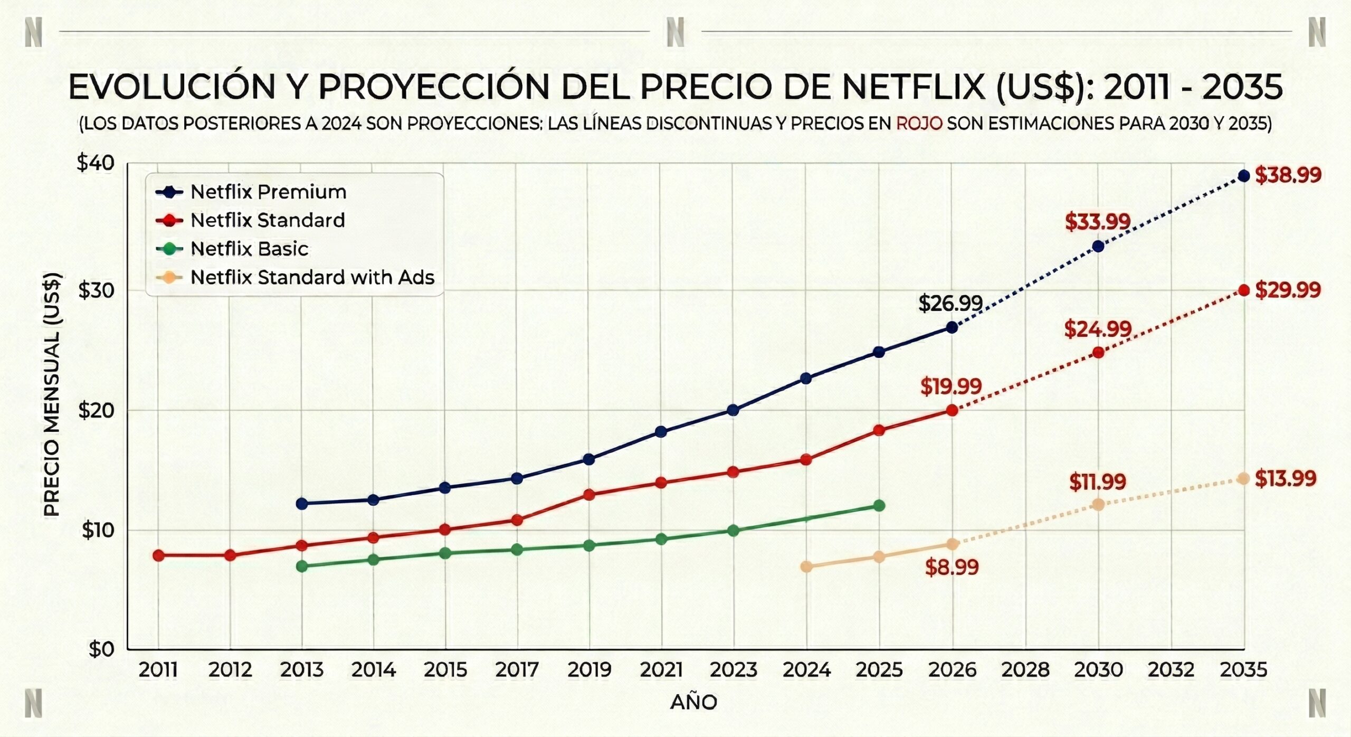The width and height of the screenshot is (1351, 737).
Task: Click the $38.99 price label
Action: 1288,175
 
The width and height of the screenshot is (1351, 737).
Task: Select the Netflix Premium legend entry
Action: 268,192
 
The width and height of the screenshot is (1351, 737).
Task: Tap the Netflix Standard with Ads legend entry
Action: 312,277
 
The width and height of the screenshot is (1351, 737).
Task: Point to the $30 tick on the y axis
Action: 96,290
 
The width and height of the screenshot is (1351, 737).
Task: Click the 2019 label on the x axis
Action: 589,670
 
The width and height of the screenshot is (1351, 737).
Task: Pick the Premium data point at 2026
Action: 952,328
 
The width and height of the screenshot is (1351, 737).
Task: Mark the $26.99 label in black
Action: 950,304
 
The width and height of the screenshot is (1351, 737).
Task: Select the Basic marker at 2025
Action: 879,506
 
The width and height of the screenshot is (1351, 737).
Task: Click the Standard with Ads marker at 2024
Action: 806,567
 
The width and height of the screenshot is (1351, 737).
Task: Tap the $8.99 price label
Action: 952,568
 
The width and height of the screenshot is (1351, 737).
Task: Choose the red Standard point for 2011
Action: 158,555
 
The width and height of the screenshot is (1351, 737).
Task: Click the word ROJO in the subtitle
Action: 919,124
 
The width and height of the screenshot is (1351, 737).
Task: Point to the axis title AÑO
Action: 693,703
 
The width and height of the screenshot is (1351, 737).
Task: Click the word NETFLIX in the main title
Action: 914,87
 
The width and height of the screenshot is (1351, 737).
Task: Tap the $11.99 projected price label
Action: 1098,482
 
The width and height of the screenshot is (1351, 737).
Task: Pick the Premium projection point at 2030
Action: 1098,247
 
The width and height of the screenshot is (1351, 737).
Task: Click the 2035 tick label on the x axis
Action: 1243,670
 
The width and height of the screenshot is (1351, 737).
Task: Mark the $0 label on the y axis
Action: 101,649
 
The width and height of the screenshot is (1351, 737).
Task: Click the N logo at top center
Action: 675,32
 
